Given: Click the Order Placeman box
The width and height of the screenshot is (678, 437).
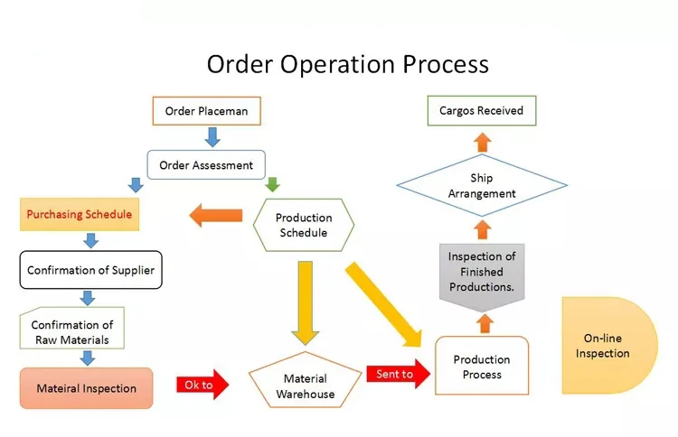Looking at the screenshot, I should click(206, 112).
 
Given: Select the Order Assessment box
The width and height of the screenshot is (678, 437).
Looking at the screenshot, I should click(206, 165).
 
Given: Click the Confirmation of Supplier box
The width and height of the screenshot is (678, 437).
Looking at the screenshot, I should click(90, 270).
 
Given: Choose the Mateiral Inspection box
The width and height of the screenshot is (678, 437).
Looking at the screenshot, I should click(87, 388).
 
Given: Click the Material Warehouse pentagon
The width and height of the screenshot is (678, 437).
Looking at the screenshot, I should click(305, 386).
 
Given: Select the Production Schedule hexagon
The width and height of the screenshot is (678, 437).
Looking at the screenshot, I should click(303, 226).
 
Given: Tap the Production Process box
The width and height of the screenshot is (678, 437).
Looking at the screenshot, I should click(481, 367).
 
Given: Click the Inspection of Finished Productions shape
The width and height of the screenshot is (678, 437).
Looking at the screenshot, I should click(482, 272).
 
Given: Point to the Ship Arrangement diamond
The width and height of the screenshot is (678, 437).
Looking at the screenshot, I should click(482, 186).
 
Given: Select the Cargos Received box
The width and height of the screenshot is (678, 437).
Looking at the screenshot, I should click(481, 111).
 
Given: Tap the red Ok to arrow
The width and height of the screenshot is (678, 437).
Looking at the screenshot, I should click(201, 386).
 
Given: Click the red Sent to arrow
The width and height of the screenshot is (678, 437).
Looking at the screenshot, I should click(397, 374).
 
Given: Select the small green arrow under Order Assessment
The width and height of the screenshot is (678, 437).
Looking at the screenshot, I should click(272, 183).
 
